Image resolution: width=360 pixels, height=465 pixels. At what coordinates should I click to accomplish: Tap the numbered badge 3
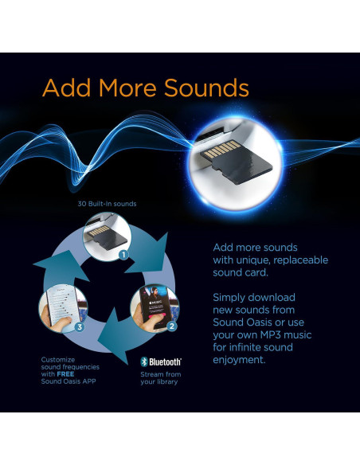[x=79, y=326]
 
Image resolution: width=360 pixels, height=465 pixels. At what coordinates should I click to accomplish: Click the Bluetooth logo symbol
[x=144, y=361]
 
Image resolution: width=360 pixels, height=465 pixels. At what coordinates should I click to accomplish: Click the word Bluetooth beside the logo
[x=166, y=361]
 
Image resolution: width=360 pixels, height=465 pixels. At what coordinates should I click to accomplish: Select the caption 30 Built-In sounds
[x=107, y=204]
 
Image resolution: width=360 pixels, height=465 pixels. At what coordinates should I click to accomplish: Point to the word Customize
[x=58, y=359]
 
